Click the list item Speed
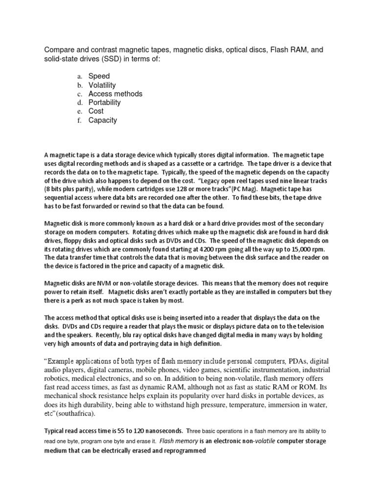point(99,76)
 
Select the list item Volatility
point(102,85)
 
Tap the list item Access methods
point(115,94)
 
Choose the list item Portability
point(104,102)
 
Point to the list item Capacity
point(103,120)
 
